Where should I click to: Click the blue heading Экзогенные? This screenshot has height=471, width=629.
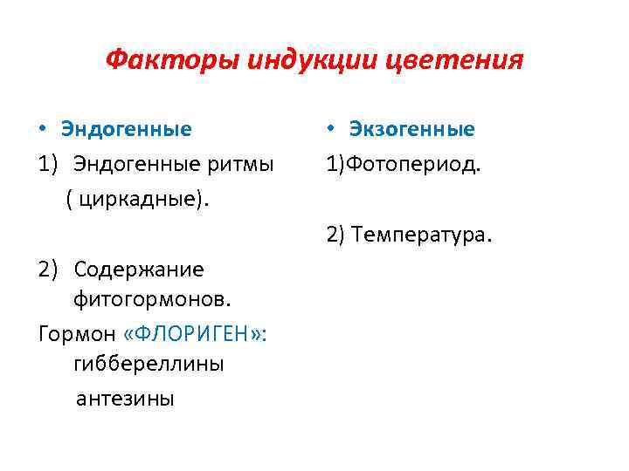[412, 130]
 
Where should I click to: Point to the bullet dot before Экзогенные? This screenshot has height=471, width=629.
[332, 130]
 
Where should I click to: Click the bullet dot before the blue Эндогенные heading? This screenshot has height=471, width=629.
[43, 130]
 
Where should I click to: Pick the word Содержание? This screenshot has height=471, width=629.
[139, 269]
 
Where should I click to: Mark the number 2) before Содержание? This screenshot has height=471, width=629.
[49, 269]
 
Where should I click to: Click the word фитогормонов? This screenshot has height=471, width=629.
[152, 300]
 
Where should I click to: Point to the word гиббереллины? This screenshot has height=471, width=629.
[149, 365]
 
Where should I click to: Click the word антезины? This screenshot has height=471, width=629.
[126, 399]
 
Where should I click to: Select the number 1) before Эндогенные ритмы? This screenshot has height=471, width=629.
[49, 164]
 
